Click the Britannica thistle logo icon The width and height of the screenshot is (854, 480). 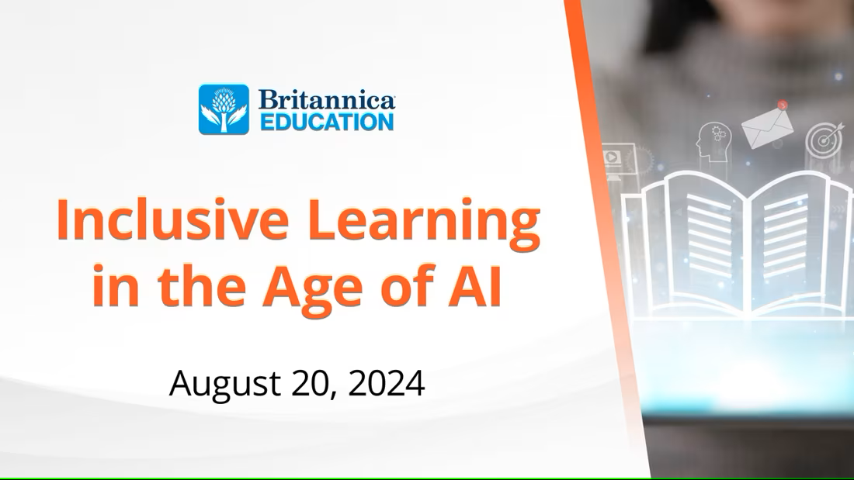tap(224, 109)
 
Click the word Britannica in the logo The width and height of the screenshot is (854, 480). tap(327, 100)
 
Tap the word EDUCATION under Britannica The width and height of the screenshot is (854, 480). tap(327, 122)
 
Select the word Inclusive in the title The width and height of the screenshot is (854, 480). tap(172, 220)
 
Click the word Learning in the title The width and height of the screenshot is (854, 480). tap(424, 223)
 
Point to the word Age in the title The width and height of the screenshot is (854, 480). tap(312, 288)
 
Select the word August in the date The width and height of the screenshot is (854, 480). tap(225, 385)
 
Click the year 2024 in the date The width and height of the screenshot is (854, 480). tap(386, 383)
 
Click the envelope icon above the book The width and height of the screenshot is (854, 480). tap(767, 128)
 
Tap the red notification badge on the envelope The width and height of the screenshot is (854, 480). tap(783, 105)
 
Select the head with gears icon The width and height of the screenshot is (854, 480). tap(713, 142)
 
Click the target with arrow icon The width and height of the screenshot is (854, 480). tap(824, 139)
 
